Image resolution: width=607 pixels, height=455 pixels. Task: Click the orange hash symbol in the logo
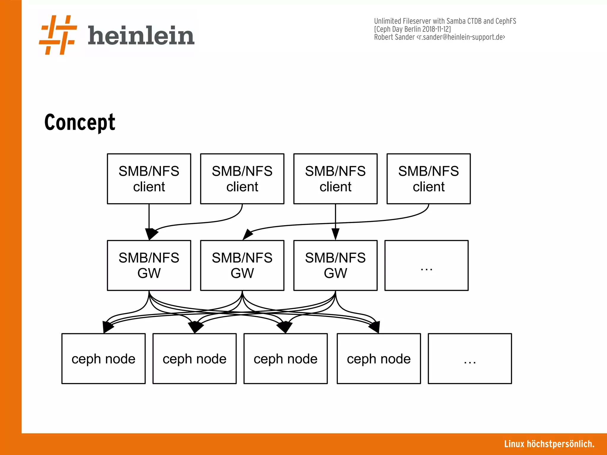pos(58,35)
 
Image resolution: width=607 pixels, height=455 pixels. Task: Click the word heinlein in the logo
pos(141,36)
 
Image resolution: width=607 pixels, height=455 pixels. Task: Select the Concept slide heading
pos(80,122)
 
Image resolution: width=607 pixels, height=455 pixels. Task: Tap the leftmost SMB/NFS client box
pos(149,179)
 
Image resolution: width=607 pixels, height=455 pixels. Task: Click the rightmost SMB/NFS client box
pos(428,179)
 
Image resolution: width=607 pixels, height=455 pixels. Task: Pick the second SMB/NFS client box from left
pos(242,179)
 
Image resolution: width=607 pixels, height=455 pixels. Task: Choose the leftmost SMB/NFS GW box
pos(149,265)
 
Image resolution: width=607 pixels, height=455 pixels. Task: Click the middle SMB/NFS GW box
pos(242,265)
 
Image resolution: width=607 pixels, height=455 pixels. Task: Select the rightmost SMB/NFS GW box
pos(335,265)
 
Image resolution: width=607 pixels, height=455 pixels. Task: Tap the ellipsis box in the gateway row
pos(426,265)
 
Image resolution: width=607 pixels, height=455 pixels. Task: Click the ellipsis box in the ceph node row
pos(470,358)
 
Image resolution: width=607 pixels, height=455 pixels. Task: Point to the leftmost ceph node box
pos(103,358)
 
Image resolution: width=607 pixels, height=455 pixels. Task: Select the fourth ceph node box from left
pos(378,358)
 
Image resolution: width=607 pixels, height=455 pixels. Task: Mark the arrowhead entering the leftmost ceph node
pos(107,327)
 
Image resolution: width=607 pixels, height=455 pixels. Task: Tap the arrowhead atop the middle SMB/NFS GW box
pos(247,234)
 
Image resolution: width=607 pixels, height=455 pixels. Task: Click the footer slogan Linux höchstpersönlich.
pos(549,444)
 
